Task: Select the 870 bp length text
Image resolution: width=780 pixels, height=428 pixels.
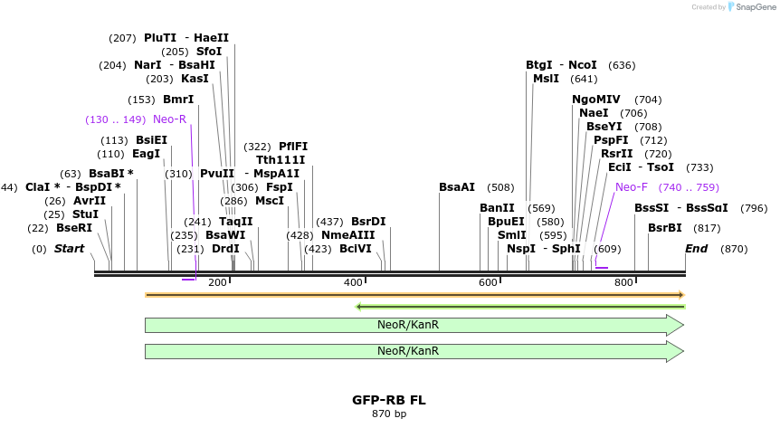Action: [389, 414]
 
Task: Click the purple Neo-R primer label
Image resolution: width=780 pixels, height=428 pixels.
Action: [169, 119]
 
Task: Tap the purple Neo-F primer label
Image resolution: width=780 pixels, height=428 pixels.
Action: [632, 187]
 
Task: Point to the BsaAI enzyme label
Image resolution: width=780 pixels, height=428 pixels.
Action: [457, 187]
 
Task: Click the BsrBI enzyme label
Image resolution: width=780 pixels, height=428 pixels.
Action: [665, 228]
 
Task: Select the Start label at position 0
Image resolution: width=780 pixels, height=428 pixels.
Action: [73, 249]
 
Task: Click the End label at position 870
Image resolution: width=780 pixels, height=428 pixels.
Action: [697, 249]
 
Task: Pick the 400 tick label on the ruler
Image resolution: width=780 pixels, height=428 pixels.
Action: [353, 283]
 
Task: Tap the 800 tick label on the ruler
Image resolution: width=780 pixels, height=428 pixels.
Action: [623, 283]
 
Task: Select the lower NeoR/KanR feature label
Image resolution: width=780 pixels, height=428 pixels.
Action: [408, 351]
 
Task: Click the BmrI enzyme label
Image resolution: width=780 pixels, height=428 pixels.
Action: [178, 100]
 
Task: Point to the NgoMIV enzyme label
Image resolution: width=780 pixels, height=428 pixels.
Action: [596, 100]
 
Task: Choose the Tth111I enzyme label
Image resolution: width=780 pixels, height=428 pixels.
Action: [281, 160]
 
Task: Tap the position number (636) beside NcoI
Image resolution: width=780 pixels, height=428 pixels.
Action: [623, 65]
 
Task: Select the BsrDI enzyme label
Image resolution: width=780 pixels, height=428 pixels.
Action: [368, 222]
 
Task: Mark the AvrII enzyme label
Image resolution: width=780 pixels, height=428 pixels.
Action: [90, 201]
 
